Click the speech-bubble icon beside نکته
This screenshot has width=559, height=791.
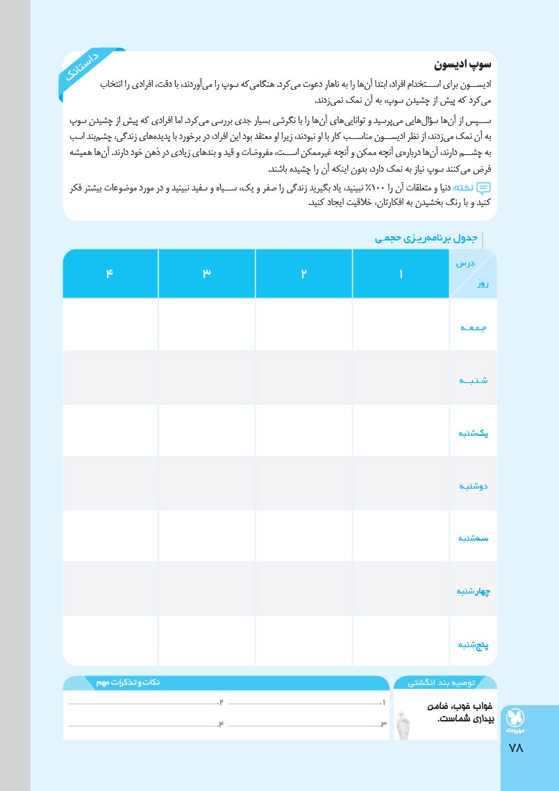click(x=484, y=188)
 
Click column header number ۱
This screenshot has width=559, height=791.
click(x=401, y=274)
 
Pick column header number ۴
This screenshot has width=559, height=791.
click(x=110, y=274)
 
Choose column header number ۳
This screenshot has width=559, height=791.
click(x=206, y=274)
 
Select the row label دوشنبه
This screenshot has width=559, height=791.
click(x=474, y=485)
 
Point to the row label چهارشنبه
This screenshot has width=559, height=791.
click(x=474, y=592)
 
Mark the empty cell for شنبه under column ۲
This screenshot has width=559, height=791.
click(x=303, y=378)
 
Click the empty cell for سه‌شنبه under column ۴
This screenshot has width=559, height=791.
click(x=110, y=537)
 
